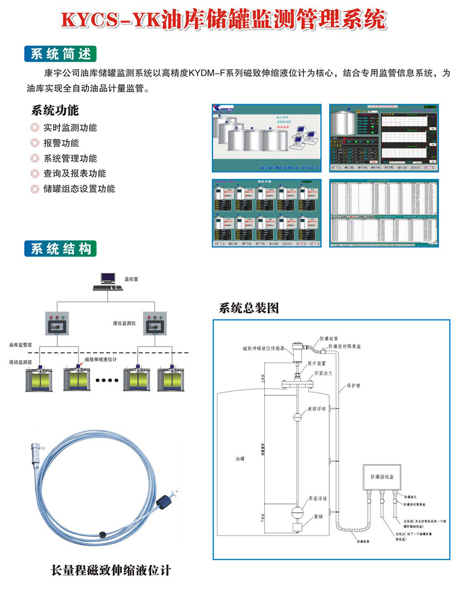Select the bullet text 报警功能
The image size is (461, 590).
tap(61, 143)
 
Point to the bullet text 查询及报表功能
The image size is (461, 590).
tap(75, 173)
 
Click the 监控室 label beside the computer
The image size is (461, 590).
tap(131, 279)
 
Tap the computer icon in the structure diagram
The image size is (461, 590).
tap(108, 280)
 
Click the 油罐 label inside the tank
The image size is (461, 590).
tap(240, 459)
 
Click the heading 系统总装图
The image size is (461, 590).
tap(249, 309)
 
